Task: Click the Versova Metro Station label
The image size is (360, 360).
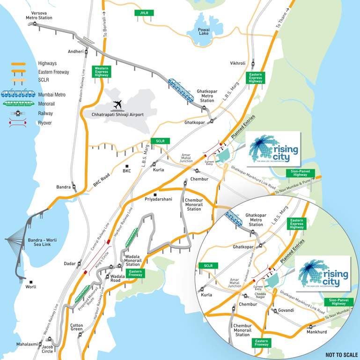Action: [x=39, y=15]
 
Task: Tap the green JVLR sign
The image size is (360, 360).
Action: [x=143, y=13]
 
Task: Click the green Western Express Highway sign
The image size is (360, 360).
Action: [x=102, y=71]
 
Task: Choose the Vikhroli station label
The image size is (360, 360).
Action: [x=237, y=63]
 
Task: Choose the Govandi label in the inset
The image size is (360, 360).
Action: [x=286, y=310]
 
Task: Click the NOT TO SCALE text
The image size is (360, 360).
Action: [x=342, y=355]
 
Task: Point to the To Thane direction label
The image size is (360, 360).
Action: [x=282, y=20]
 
